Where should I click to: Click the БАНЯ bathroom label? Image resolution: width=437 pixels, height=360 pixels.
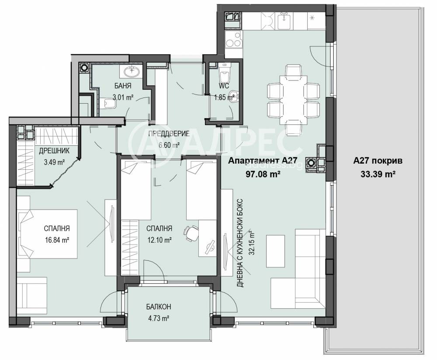point(123,86)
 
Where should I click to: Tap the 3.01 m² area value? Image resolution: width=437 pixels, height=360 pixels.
point(123,98)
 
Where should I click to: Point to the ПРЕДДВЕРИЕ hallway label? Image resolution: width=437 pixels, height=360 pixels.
point(169,133)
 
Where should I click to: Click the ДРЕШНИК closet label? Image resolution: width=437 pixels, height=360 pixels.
point(54,151)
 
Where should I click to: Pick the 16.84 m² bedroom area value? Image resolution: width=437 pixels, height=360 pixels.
point(57,240)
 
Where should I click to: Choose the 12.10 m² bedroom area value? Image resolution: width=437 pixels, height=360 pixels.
point(159,240)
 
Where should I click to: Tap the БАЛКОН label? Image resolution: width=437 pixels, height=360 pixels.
point(159,307)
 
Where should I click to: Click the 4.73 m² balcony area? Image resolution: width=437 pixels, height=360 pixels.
point(159,318)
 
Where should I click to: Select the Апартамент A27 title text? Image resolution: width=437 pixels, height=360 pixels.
point(263,161)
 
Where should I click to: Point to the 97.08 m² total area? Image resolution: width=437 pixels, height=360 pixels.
point(263,174)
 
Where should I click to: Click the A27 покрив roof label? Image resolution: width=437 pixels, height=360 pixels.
point(378,161)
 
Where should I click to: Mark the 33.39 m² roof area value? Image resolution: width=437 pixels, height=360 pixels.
point(378,174)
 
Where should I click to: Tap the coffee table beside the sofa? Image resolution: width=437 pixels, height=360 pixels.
point(276,251)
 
